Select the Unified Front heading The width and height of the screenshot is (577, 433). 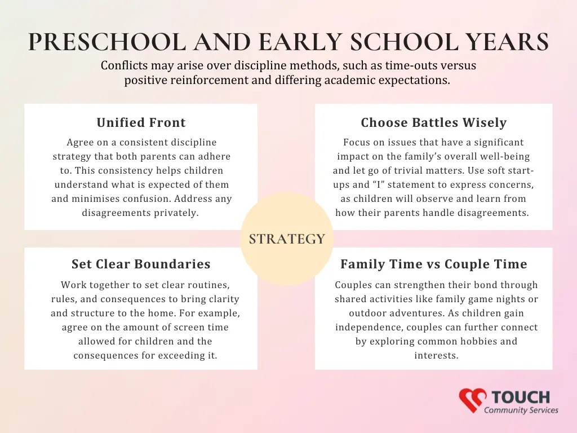click(141, 122)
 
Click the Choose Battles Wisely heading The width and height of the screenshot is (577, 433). click(433, 122)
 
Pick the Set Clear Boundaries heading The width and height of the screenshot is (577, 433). click(141, 264)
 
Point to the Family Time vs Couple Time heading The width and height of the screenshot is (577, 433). click(433, 264)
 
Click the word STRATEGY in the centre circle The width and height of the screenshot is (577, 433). click(287, 239)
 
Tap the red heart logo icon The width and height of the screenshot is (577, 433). click(473, 400)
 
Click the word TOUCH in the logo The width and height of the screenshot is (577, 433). click(521, 397)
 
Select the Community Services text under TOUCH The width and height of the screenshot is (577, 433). click(521, 410)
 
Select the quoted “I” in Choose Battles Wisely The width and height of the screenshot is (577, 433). click(378, 184)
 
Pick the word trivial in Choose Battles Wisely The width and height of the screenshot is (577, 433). click(407, 170)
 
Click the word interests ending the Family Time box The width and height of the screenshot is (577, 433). click(437, 356)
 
